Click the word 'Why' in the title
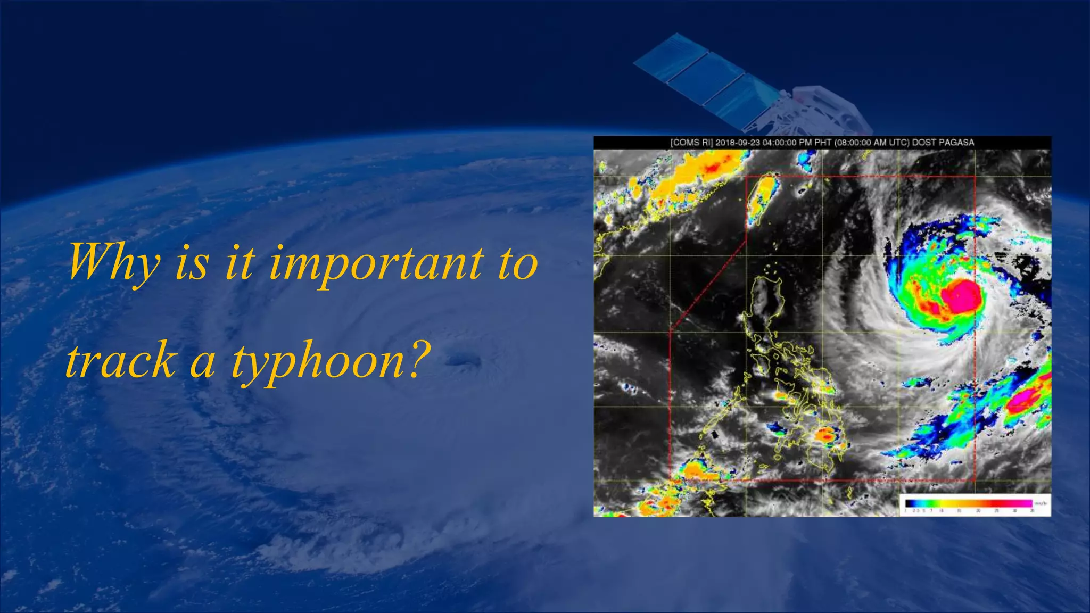(x=113, y=262)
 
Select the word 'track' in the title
(x=121, y=361)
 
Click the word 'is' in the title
(x=192, y=263)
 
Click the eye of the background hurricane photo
(x=458, y=361)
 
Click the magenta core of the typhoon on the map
(x=961, y=296)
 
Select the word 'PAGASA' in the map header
(x=956, y=143)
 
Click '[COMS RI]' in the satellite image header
(x=691, y=143)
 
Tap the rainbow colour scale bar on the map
(x=969, y=503)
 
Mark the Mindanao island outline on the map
(x=822, y=442)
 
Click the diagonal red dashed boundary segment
(x=708, y=282)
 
